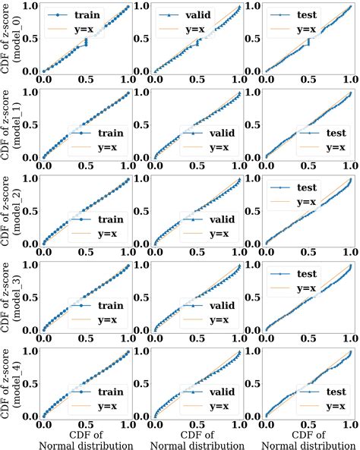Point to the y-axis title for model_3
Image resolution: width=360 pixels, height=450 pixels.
[11, 297]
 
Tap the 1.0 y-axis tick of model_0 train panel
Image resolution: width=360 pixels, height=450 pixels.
[27, 6]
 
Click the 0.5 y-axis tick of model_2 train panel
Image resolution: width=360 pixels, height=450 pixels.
[27, 211]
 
